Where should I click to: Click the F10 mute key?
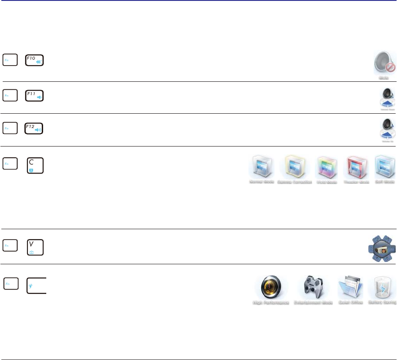pos(35,61)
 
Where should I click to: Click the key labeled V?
pos(35,247)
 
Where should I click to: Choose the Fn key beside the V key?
pos(10,245)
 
